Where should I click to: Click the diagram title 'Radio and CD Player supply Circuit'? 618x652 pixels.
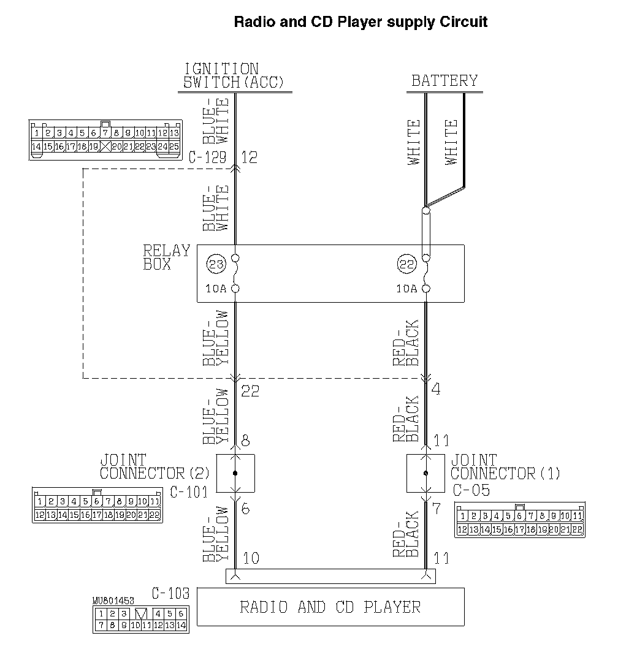(361, 23)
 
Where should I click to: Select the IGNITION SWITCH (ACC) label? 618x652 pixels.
(234, 76)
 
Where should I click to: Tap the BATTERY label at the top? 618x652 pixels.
(444, 81)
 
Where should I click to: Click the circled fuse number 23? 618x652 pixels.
(216, 265)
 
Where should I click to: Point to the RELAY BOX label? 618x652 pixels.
(166, 257)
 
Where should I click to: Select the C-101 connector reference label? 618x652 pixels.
(189, 491)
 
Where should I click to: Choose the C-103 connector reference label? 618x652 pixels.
(170, 593)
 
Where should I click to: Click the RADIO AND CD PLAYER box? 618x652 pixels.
(330, 607)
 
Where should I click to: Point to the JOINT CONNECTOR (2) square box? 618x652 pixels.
(235, 473)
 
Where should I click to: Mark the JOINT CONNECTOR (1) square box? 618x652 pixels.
(426, 473)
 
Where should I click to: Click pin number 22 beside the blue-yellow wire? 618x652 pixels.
(250, 391)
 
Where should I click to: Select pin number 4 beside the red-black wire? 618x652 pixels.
(436, 389)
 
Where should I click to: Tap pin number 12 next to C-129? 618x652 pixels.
(249, 157)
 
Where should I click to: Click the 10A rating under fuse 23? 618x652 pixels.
(216, 289)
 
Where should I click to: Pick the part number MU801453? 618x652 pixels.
(114, 601)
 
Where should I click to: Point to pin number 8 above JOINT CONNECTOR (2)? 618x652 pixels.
(245, 441)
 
